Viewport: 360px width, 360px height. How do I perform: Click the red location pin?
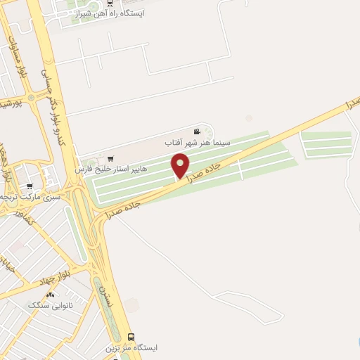pyautogui.click(x=181, y=166)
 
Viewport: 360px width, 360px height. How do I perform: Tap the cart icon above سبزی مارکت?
pyautogui.click(x=29, y=186)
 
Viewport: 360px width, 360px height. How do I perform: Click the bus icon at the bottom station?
pyautogui.click(x=131, y=337)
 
